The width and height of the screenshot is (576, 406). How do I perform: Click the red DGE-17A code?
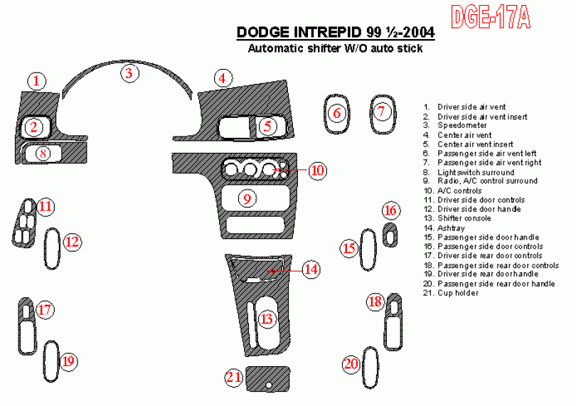[491, 17]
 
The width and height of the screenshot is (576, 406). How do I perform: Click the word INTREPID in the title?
[327, 32]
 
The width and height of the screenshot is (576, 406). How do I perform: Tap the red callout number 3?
[129, 73]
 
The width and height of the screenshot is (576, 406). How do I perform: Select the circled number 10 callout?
[317, 170]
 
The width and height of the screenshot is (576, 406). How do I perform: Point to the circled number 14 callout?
[311, 269]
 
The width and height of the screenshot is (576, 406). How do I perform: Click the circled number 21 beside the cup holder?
[234, 377]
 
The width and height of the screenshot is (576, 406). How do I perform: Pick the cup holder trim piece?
[267, 378]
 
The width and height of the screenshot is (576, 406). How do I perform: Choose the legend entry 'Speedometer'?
[462, 126]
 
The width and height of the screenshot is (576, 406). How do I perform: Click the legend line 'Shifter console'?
[464, 218]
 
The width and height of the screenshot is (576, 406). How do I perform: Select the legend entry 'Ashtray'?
[451, 228]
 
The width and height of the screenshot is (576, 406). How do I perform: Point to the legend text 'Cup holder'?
[458, 293]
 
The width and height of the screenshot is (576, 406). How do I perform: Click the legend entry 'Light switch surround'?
[476, 172]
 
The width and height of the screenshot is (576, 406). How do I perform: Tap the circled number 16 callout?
[390, 210]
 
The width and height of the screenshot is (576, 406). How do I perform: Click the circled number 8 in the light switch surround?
[43, 153]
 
